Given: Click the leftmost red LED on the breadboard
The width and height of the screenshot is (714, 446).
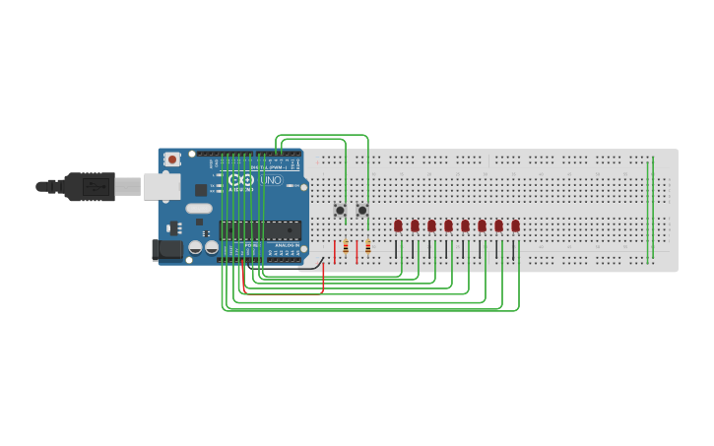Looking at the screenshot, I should coord(398,225).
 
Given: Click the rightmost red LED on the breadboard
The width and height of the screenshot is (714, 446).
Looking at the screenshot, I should coord(515,225).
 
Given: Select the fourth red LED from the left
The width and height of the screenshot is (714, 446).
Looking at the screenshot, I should coord(448,225).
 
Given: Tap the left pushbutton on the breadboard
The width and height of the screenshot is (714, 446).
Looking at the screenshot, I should coord(340,210).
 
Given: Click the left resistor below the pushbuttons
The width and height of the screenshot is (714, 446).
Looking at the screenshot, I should coord(346,247).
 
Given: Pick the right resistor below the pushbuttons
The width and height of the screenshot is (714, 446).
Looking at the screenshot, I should coord(368,247).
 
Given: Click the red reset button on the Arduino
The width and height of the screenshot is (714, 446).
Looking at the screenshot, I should coord(172,159).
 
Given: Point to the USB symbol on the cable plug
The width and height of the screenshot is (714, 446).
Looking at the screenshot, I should coord(96,185).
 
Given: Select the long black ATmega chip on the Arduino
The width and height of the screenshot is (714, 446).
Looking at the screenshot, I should coord(261,231).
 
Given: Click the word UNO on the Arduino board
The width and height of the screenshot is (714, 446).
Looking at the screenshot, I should coord(272,180).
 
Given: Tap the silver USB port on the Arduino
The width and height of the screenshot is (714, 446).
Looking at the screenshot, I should coord(162,186).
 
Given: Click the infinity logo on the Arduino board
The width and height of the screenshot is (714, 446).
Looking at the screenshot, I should coord(241,180).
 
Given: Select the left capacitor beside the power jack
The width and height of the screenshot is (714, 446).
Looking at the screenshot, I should coord(196,247).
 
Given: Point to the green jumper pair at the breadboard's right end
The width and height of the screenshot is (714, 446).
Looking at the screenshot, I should coord(650,207).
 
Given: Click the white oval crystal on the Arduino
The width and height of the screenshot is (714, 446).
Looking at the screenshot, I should coord(199,208).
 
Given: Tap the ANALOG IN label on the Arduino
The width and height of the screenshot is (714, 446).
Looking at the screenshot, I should coord(288,244).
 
